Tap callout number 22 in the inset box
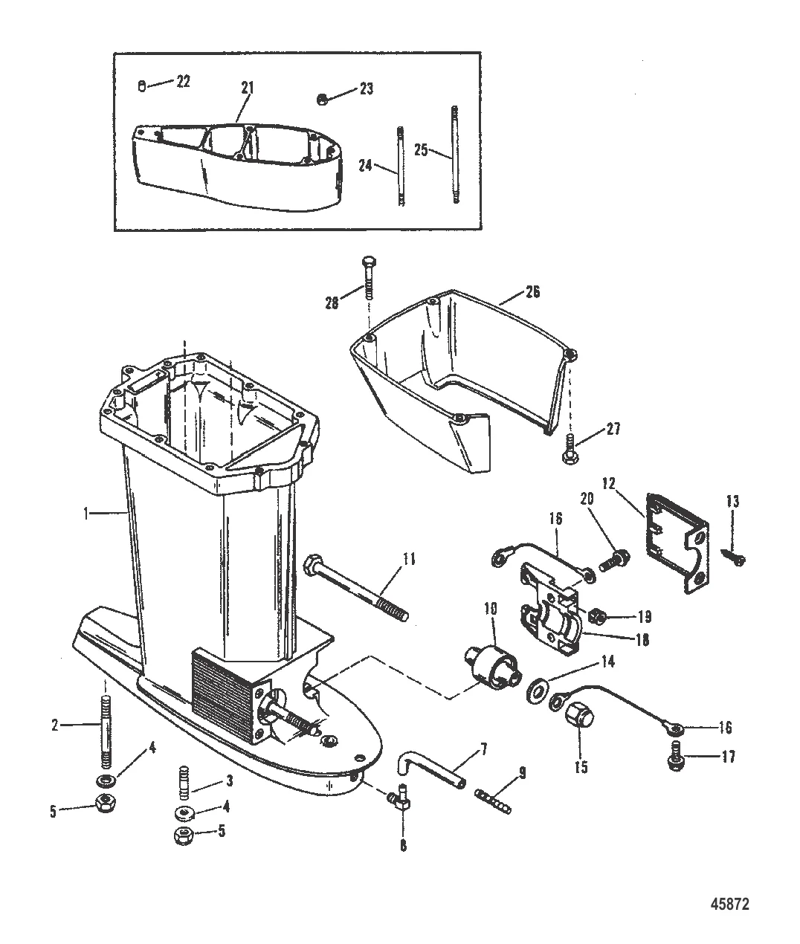click(x=183, y=83)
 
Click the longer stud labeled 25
click(x=455, y=154)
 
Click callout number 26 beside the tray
click(x=532, y=292)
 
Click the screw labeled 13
click(x=735, y=557)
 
